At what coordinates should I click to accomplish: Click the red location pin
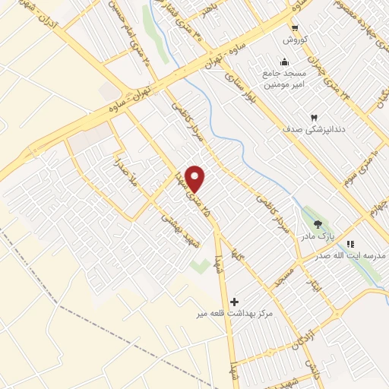tap(195, 179)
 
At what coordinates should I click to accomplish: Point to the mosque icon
tap(284, 62)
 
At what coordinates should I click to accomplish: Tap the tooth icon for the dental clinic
tap(313, 118)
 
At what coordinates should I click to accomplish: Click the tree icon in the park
tap(317, 223)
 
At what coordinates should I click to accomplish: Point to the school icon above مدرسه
tap(350, 243)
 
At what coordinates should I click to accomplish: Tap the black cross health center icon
tap(234, 302)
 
